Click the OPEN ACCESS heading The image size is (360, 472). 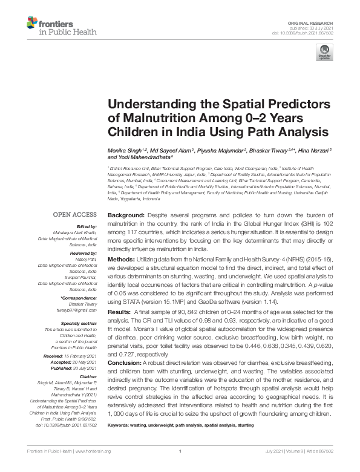(x=75, y=214)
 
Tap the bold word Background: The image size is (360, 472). (x=126, y=215)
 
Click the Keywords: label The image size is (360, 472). (x=119, y=425)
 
